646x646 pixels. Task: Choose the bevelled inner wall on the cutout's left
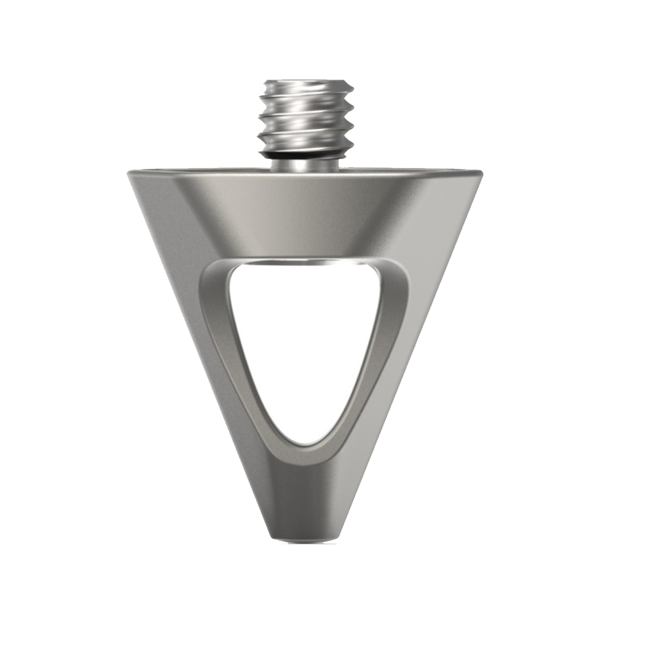tap(224, 345)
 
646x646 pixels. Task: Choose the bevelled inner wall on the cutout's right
tap(388, 345)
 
